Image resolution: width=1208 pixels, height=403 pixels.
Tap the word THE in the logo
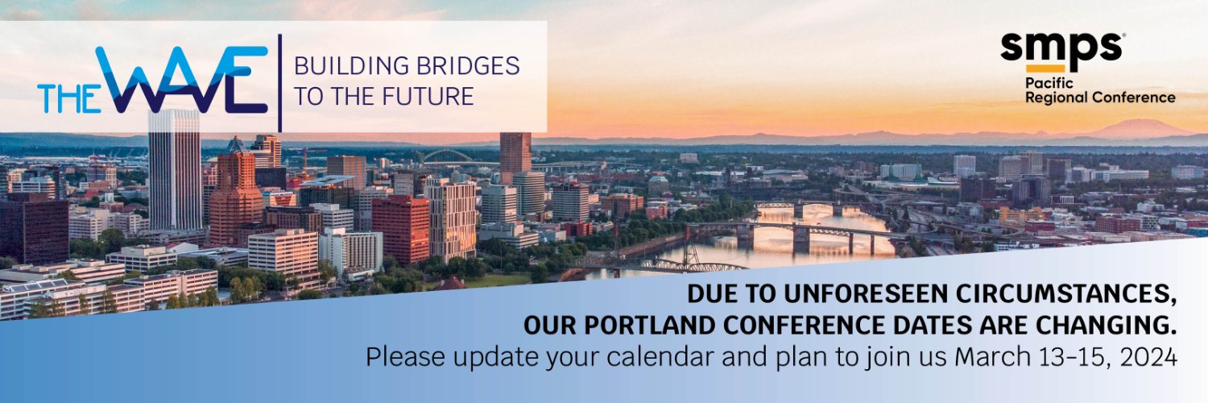pyautogui.click(x=68, y=98)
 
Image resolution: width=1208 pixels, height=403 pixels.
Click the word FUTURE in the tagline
pyautogui.click(x=428, y=96)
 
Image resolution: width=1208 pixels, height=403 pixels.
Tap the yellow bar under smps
pyautogui.click(x=1045, y=69)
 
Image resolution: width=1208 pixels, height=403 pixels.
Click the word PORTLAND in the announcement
pyautogui.click(x=650, y=326)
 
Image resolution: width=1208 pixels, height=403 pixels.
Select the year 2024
pyautogui.click(x=1148, y=357)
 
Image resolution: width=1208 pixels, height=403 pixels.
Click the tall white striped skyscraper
pyautogui.click(x=174, y=170)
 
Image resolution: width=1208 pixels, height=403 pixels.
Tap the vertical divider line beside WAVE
pyautogui.click(x=280, y=82)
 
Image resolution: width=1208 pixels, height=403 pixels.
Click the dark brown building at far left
pyautogui.click(x=34, y=231)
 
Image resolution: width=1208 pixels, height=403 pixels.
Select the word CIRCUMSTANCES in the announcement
pyautogui.click(x=1066, y=294)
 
